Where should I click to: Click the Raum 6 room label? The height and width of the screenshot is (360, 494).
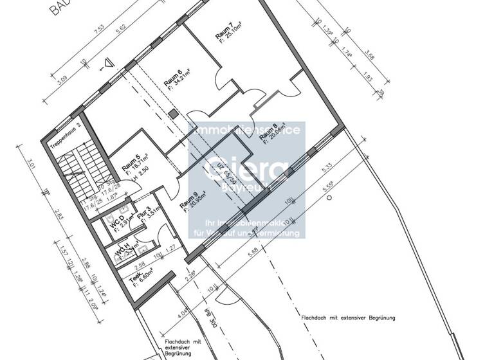click(x=172, y=76)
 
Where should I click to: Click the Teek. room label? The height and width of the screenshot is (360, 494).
click(x=134, y=278)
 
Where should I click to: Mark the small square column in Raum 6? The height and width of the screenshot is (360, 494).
click(x=173, y=113)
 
